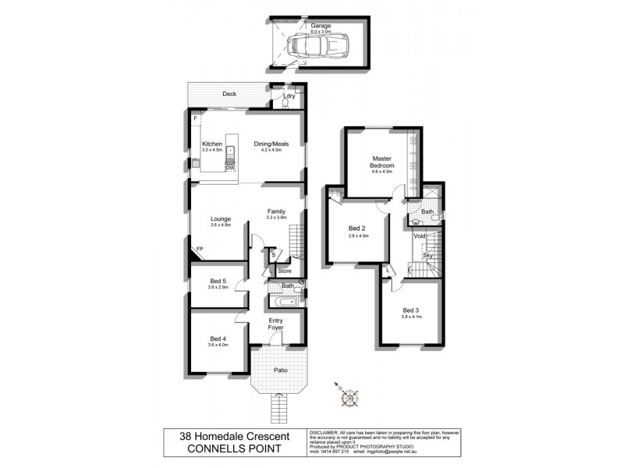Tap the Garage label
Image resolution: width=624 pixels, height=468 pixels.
pyautogui.click(x=321, y=26)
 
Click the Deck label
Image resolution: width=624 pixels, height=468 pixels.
pyautogui.click(x=229, y=94)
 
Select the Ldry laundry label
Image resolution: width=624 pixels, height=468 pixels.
pyautogui.click(x=289, y=96)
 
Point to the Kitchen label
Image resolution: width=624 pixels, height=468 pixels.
pyautogui.click(x=213, y=144)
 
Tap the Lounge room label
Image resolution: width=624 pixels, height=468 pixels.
pyautogui.click(x=221, y=219)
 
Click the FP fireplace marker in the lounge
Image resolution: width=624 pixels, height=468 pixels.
pyautogui.click(x=200, y=249)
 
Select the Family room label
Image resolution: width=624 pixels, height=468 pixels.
pyautogui.click(x=276, y=211)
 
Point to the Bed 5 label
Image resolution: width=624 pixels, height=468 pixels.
pyautogui.click(x=218, y=281)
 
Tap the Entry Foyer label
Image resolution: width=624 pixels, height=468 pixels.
pyautogui.click(x=277, y=324)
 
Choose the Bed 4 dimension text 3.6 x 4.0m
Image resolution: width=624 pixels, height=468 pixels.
pyautogui.click(x=218, y=345)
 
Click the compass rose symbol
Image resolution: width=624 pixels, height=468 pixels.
pyautogui.click(x=349, y=397)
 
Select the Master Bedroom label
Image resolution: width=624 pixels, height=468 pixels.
pyautogui.click(x=381, y=162)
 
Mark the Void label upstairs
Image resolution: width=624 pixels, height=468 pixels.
pyautogui.click(x=420, y=236)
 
